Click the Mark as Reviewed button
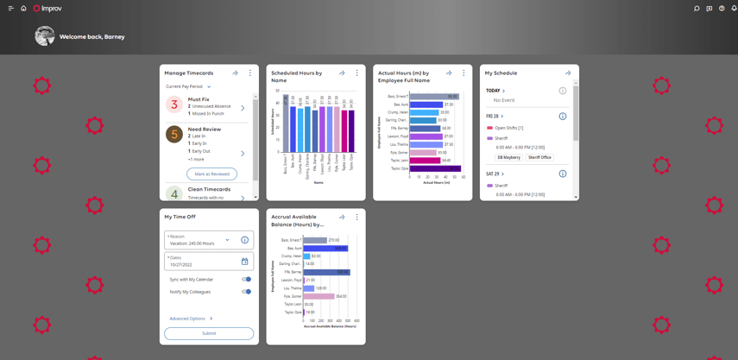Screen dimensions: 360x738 pos(211,174)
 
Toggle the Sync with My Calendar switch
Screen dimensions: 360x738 pos(246,280)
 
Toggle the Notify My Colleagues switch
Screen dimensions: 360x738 pos(246,292)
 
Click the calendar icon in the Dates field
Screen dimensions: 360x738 pos(244,262)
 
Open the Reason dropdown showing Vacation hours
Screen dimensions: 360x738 pos(227,240)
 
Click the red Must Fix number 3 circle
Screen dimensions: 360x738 pos(174,104)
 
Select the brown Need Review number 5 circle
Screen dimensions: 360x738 pos(174,135)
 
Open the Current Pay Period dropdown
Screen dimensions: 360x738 pos(188,87)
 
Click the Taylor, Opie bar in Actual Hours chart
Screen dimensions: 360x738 pos(434,168)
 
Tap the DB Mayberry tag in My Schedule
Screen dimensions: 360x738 pos(508,158)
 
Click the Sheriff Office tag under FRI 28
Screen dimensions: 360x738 pos(539,158)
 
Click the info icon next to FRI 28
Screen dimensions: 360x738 pos(562,116)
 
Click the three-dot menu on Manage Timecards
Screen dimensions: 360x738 pos(250,73)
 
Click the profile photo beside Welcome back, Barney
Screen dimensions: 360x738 pos(45,36)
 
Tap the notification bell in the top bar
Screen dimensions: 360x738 pos(734,9)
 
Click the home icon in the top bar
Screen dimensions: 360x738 pos(23,9)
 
